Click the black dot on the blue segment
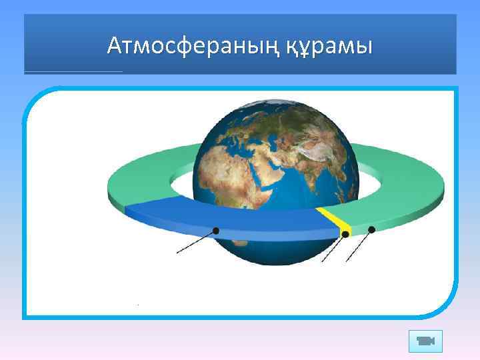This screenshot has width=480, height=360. (x=215, y=231)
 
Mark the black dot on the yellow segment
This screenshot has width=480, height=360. (x=345, y=234)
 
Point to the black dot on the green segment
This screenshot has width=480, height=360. (x=371, y=229)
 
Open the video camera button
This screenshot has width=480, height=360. (x=425, y=341)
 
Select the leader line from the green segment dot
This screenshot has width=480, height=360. (x=358, y=246)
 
